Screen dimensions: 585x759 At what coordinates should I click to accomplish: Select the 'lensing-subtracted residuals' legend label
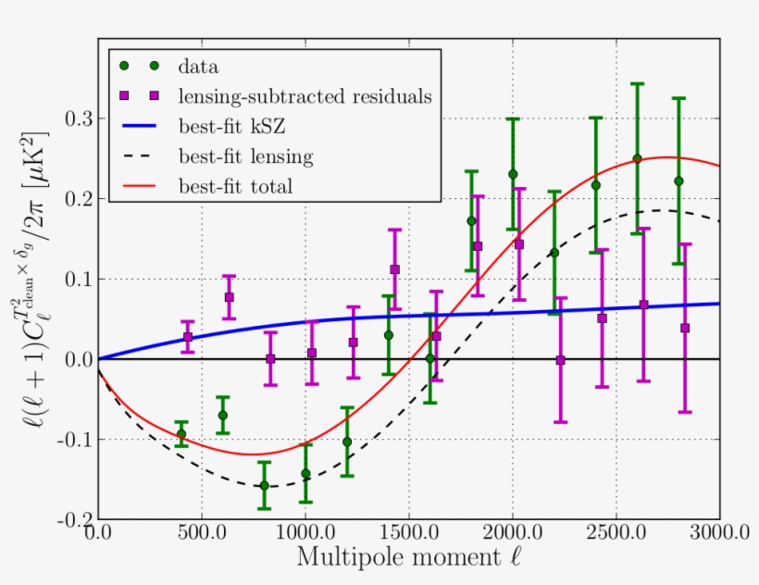click(306, 95)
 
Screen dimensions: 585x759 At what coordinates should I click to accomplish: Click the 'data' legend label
click(198, 66)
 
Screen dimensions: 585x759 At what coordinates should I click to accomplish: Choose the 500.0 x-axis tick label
click(201, 534)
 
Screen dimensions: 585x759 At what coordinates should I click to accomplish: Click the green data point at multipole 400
click(181, 433)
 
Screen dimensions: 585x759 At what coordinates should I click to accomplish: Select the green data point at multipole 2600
click(637, 158)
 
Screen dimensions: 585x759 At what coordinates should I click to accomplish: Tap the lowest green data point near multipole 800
click(264, 485)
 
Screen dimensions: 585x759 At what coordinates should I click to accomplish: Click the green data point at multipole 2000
click(513, 174)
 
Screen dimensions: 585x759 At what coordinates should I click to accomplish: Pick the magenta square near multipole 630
click(229, 297)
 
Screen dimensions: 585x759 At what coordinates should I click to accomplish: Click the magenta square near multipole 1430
click(395, 269)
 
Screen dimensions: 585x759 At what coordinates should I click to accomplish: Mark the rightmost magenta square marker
click(685, 328)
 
